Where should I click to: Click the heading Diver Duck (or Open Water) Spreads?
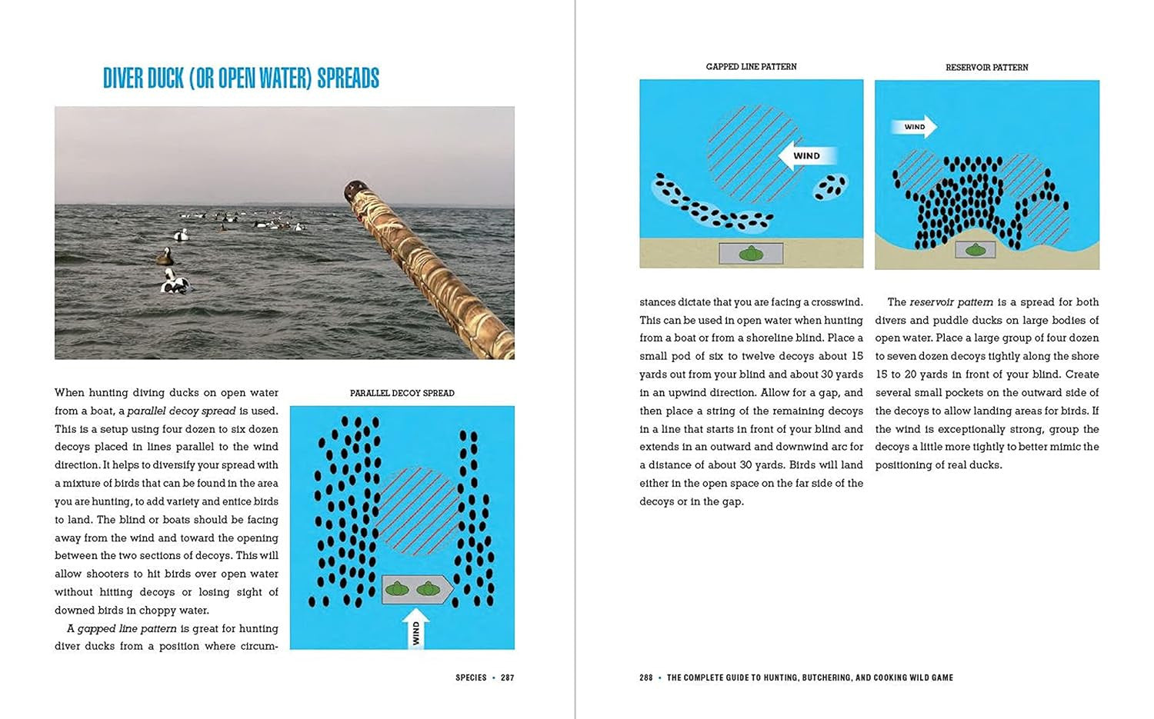tap(241, 78)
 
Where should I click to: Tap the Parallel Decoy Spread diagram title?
tap(402, 393)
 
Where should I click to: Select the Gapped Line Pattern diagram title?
tap(751, 67)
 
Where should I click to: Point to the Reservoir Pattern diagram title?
tap(986, 68)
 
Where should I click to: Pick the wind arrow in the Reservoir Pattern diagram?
tap(914, 127)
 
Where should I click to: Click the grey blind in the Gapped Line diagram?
tap(751, 253)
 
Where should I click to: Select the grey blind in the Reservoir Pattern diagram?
tap(976, 249)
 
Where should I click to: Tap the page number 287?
tap(507, 677)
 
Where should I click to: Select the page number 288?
tap(645, 677)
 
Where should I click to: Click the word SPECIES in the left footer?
tap(471, 677)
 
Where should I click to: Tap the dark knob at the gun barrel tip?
tap(355, 189)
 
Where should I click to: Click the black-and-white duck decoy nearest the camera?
tap(175, 282)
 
